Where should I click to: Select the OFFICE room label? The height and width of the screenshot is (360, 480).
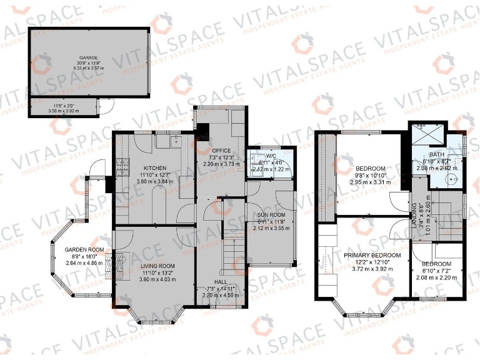coord(222,151)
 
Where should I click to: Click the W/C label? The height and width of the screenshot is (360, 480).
coord(271,156)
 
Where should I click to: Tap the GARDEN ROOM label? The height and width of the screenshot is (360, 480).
coord(83,249)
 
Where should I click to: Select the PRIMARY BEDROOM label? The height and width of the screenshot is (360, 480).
coord(372,256)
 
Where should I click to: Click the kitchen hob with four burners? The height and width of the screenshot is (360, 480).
coord(120,167)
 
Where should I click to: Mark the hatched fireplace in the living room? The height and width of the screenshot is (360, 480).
coord(109,266)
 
